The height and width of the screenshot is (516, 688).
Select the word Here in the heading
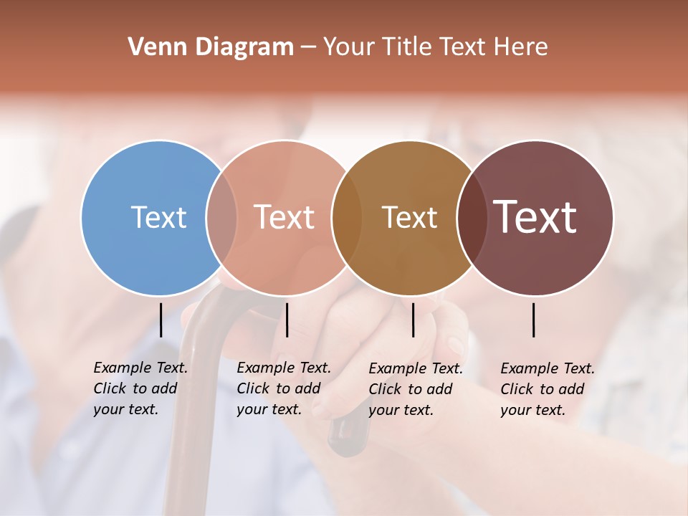pos(521,47)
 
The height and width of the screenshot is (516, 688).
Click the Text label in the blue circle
pos(158,217)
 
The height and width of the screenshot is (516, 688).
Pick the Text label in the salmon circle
pos(285,217)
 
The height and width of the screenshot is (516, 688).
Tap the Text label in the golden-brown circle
pos(409,217)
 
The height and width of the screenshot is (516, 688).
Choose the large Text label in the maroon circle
pos(535,217)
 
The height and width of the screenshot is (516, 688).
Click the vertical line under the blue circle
pos(161,320)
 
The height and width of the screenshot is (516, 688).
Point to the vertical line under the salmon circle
pos(287,320)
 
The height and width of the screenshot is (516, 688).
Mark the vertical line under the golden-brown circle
pos(413,320)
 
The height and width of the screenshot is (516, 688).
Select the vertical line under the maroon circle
pos(534,320)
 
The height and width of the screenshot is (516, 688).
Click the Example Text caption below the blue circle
pos(140,388)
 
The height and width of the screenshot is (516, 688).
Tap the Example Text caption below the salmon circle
pos(284,388)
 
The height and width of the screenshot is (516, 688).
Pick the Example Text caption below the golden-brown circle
pos(416,389)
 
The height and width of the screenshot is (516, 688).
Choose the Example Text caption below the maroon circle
pos(548,389)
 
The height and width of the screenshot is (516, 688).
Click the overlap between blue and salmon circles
pos(221,217)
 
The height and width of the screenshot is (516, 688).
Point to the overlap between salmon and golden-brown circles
pos(347,217)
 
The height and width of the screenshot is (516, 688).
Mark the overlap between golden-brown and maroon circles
pos(472,217)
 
